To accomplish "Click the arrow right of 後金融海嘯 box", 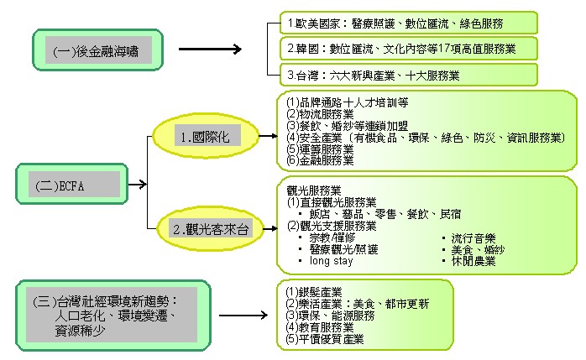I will click(209, 50).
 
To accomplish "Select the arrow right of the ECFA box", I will click(138, 184).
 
